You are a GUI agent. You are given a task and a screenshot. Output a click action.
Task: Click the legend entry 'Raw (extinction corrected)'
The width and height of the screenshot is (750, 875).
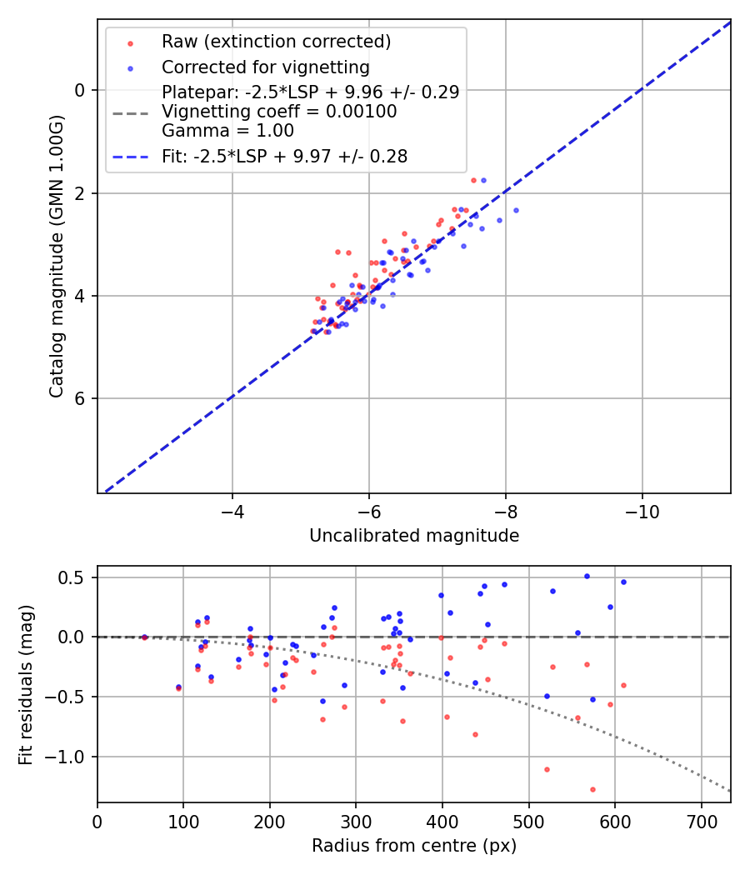pos(276,42)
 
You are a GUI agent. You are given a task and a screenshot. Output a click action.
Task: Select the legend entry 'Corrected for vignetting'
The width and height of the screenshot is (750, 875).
pos(265,67)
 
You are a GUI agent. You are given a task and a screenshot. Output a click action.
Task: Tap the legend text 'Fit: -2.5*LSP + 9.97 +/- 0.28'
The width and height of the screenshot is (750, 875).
pos(284,157)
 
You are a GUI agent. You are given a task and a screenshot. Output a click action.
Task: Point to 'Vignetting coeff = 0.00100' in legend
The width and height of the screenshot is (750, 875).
pos(279,112)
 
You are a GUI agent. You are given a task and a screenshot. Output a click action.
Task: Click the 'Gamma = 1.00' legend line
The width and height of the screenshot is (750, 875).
pos(227,131)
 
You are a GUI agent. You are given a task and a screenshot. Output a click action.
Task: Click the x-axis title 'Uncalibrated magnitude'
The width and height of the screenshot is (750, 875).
pos(414,536)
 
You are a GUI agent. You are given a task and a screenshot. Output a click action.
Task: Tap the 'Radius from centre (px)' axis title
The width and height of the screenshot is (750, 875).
pos(414,846)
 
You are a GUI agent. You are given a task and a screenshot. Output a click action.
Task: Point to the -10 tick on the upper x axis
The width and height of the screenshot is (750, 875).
pos(642,511)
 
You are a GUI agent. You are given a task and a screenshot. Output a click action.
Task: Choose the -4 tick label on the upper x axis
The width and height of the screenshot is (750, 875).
pos(232,511)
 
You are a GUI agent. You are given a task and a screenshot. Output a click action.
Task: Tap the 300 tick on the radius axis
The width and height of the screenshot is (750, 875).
pos(356,821)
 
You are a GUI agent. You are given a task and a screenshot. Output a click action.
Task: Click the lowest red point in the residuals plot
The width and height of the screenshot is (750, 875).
pos(592,789)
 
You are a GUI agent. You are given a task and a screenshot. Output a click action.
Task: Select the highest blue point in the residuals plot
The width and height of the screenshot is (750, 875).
pos(587,576)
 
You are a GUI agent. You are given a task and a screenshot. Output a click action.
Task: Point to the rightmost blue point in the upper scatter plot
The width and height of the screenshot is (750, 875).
pos(516,210)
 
